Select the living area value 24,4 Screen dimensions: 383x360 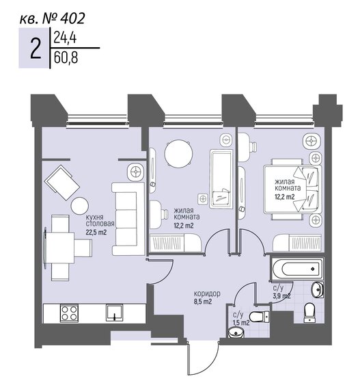pyautogui.click(x=64, y=40)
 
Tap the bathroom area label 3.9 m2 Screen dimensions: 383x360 pyautogui.click(x=282, y=296)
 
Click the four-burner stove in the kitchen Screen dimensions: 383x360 pyautogui.click(x=69, y=315)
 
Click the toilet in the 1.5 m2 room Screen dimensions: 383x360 pyautogui.click(x=257, y=316)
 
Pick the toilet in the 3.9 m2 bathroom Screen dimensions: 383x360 pyautogui.click(x=308, y=311)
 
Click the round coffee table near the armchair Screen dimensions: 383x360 pyautogui.click(x=80, y=205)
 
